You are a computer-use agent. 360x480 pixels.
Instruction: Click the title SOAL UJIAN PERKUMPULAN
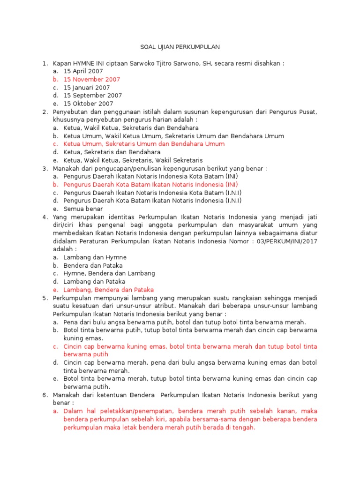(180, 47)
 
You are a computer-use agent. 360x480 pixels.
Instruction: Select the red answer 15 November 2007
(91, 79)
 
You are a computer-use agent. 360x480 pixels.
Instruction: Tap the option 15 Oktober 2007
(88, 104)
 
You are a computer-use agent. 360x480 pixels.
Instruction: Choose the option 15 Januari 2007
(87, 88)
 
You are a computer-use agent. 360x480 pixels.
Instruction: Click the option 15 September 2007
(92, 96)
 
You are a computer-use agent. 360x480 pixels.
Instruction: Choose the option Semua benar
(83, 209)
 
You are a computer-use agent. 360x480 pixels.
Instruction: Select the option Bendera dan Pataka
(93, 265)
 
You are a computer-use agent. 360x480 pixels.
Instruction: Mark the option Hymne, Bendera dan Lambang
(109, 273)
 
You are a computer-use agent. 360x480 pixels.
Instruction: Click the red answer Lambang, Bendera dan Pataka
(108, 290)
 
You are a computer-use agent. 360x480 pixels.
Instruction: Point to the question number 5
(45, 298)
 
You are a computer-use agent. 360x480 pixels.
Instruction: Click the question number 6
(45, 395)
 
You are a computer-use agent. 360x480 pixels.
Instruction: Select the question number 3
(45, 168)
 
